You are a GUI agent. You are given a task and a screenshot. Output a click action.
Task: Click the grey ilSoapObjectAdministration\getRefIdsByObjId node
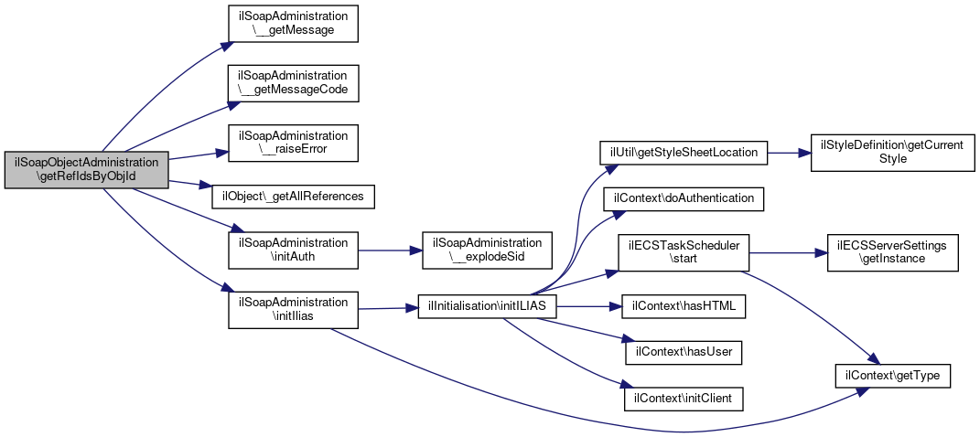pos(86,169)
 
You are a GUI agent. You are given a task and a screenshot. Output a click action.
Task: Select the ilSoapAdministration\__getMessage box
pos(293,24)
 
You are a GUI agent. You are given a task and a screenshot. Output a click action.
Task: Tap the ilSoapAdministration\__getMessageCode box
pos(293,84)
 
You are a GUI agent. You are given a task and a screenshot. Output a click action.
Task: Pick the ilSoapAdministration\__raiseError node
pos(293,144)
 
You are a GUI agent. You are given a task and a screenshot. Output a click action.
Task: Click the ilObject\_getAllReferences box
pos(293,197)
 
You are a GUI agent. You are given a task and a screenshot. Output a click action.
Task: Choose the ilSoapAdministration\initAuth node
pos(293,250)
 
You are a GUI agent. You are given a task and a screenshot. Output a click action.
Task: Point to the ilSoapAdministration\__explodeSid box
pos(487,250)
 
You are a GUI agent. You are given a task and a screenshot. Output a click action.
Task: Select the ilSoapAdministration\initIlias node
pos(293,310)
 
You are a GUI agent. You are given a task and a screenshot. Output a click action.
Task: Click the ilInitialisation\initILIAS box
pos(487,307)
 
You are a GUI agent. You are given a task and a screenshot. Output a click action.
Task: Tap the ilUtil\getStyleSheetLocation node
pos(684,153)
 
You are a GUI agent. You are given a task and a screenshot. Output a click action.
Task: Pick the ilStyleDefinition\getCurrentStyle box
pos(892,153)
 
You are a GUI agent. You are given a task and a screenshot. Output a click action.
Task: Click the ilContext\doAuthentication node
pos(684,198)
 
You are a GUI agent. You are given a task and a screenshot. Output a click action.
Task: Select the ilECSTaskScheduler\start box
pos(684,252)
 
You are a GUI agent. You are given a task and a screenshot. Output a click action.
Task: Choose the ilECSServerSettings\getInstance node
pos(892,252)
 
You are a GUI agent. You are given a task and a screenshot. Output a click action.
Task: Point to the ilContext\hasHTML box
pos(684,306)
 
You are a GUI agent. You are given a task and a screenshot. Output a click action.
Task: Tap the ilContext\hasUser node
pos(684,353)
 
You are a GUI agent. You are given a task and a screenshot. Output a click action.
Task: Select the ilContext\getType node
pos(892,377)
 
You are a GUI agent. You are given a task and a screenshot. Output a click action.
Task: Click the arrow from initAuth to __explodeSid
pos(390,250)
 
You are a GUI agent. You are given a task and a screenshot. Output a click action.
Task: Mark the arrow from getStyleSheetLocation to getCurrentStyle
pos(789,153)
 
